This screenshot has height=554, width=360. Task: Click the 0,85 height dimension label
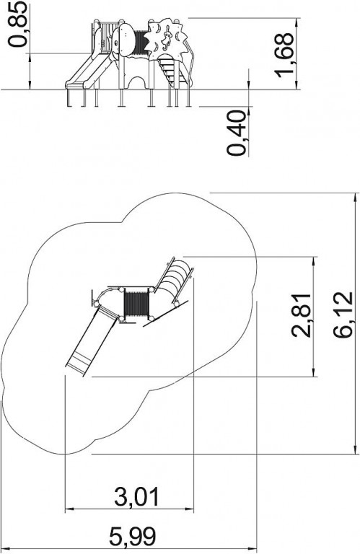(x=17, y=24)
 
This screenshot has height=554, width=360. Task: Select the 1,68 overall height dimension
(x=284, y=56)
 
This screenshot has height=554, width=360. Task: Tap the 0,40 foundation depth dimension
(x=236, y=133)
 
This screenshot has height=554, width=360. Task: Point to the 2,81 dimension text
(x=301, y=315)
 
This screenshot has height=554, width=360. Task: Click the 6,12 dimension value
(x=343, y=315)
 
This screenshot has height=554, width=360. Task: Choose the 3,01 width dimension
(x=137, y=496)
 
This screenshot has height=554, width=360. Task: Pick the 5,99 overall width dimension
(x=132, y=536)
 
